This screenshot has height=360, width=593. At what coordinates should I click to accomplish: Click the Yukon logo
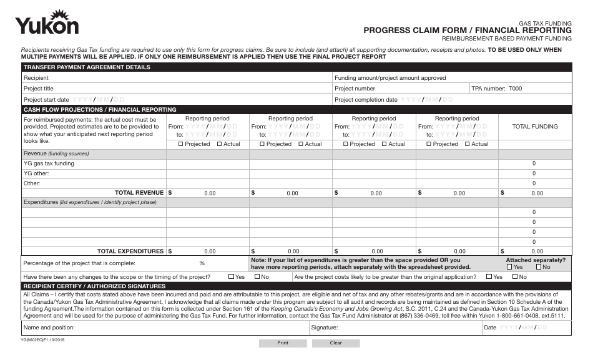[47, 23]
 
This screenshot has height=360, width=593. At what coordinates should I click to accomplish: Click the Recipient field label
[36, 78]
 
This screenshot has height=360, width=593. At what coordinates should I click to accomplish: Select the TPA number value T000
[515, 89]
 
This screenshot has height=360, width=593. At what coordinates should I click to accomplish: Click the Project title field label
[39, 89]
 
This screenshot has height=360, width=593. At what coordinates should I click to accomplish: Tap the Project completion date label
[366, 99]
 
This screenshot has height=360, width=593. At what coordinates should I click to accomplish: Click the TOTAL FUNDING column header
[534, 127]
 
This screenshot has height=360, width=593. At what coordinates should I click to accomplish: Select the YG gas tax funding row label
[49, 163]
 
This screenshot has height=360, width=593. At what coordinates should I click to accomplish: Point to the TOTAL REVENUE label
[139, 193]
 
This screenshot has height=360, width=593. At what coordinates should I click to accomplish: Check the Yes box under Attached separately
[510, 267]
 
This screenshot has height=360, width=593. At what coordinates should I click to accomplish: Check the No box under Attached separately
[539, 267]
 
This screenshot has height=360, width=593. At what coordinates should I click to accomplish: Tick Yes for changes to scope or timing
[232, 276]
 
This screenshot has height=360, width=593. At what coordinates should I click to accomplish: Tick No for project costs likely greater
[515, 276]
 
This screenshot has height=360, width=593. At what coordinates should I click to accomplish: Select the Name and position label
[49, 327]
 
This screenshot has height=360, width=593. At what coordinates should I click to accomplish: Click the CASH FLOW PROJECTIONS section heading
[100, 109]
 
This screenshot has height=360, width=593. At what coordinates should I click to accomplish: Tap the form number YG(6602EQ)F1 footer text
[42, 341]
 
